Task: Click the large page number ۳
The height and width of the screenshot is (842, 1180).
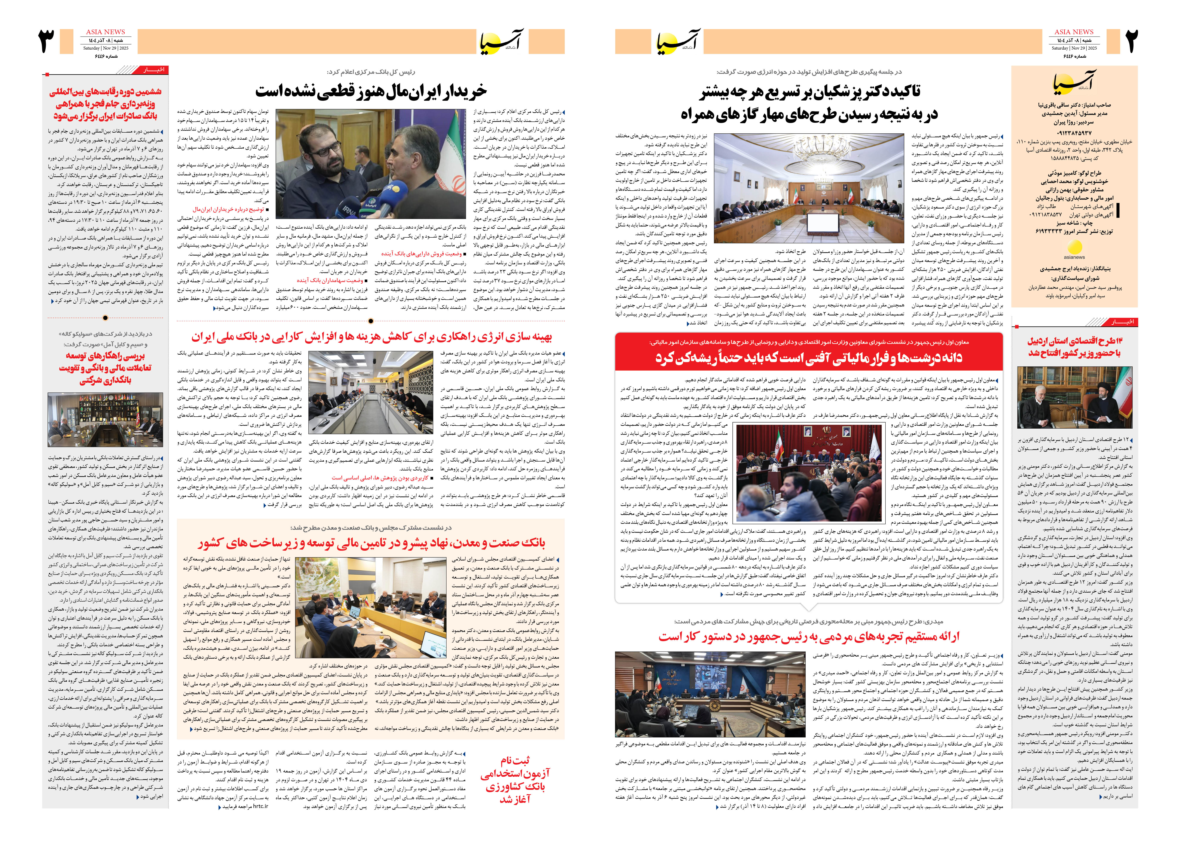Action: point(47,41)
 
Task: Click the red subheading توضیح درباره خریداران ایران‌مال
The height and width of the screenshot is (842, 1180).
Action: point(228,209)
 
